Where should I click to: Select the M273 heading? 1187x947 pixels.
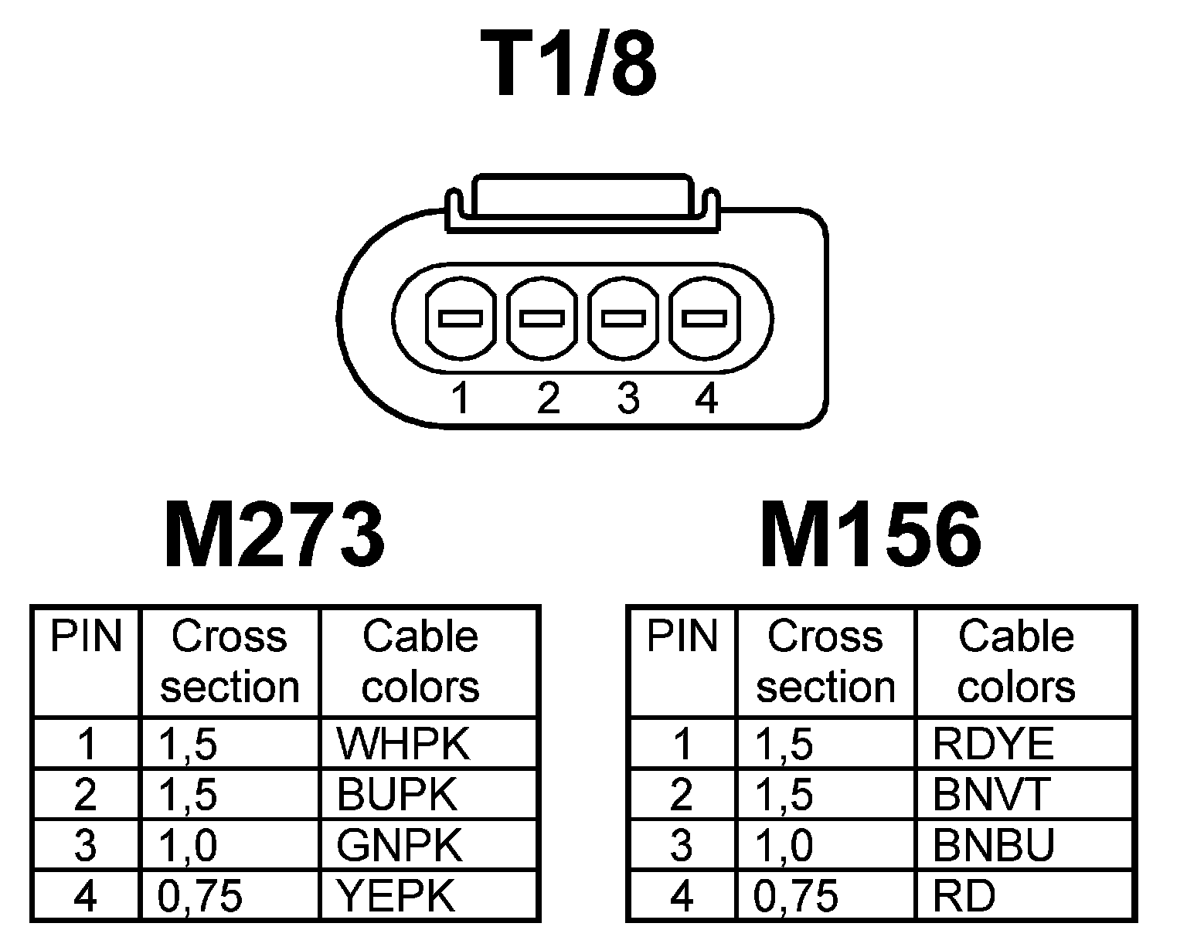pyautogui.click(x=274, y=535)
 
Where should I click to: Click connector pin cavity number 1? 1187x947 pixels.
pyautogui.click(x=461, y=317)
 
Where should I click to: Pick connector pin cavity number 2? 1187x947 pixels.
pyautogui.click(x=542, y=317)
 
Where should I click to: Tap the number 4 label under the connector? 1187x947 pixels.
pyautogui.click(x=706, y=399)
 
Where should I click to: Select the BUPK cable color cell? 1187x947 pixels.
pyautogui.click(x=397, y=794)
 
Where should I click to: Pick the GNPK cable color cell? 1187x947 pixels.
pyautogui.click(x=399, y=845)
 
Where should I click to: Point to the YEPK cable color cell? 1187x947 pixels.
pyautogui.click(x=396, y=896)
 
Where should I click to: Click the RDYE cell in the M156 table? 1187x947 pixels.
pyautogui.click(x=994, y=744)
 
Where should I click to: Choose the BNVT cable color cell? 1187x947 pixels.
pyautogui.click(x=992, y=794)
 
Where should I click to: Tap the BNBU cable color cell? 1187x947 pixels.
pyautogui.click(x=994, y=845)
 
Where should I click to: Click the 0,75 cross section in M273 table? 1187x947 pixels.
pyautogui.click(x=200, y=896)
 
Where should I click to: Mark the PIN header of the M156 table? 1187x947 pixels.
pyautogui.click(x=682, y=638)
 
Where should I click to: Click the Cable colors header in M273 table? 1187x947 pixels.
pyautogui.click(x=421, y=662)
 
